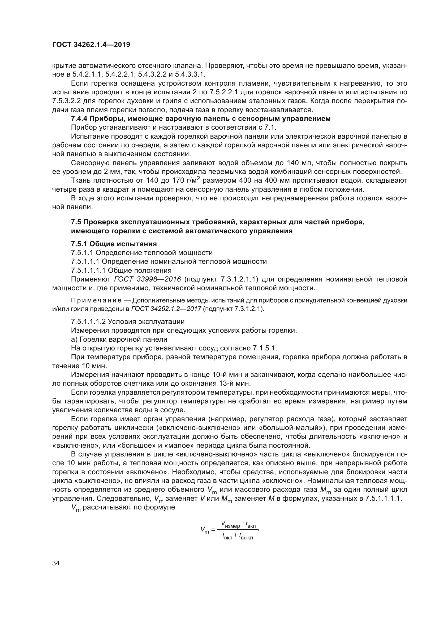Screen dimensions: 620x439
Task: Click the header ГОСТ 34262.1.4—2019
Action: coord(91,45)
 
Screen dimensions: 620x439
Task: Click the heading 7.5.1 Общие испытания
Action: coord(114,244)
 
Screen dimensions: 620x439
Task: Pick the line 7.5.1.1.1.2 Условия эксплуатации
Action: coord(128,322)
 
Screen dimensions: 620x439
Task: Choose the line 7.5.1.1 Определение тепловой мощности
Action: coord(142,253)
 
